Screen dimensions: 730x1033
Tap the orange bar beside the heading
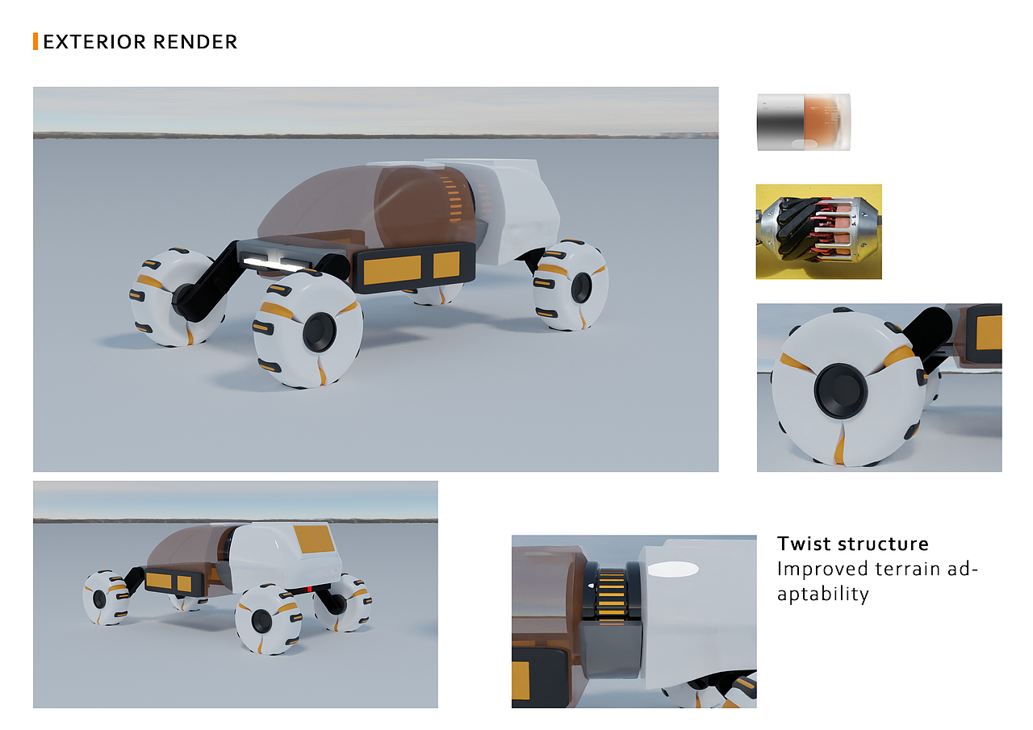[x=36, y=42]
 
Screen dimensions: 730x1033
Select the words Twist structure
[x=852, y=543]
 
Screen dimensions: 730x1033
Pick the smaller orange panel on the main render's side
[x=445, y=265]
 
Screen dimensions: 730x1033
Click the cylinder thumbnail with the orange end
[x=803, y=122]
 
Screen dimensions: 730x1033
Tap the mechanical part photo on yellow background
[x=818, y=232]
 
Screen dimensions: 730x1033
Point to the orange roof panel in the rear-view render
[x=313, y=540]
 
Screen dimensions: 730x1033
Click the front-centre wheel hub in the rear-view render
[x=261, y=621]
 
